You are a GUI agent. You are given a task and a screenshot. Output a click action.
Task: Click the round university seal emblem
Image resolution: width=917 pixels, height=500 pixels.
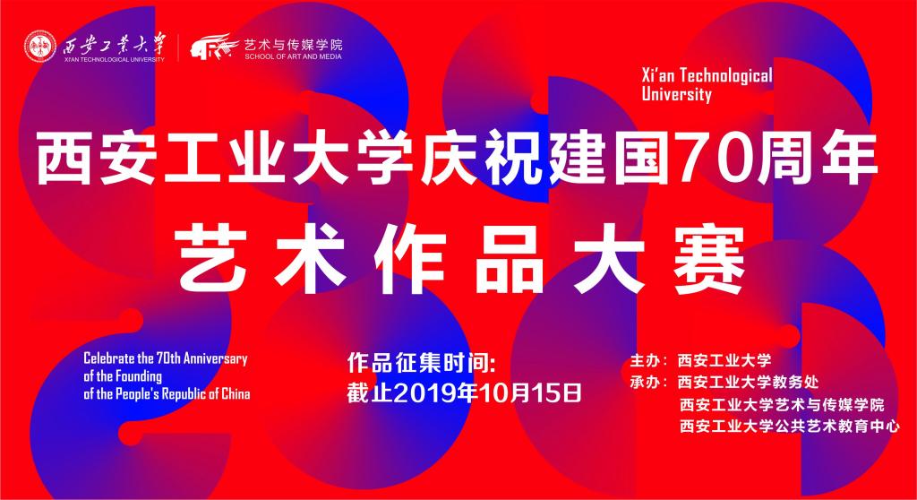click(x=40, y=47)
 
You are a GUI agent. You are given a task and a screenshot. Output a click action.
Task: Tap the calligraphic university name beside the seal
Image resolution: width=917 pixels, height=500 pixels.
click(x=115, y=44)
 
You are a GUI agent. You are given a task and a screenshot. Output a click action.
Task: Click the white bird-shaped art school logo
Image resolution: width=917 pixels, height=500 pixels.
click(x=213, y=47)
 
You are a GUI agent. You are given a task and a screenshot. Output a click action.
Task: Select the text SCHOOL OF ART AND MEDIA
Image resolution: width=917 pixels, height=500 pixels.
click(x=293, y=56)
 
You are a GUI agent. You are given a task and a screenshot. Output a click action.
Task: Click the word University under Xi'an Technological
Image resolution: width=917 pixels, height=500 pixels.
click(x=677, y=95)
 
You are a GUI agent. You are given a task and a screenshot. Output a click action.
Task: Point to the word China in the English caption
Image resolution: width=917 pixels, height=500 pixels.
click(x=236, y=394)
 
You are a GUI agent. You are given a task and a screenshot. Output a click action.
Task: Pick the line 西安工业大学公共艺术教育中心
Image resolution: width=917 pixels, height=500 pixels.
click(x=790, y=426)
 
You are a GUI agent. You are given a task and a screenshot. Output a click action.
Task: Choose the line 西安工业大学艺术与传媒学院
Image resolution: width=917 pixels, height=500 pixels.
click(x=782, y=404)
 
